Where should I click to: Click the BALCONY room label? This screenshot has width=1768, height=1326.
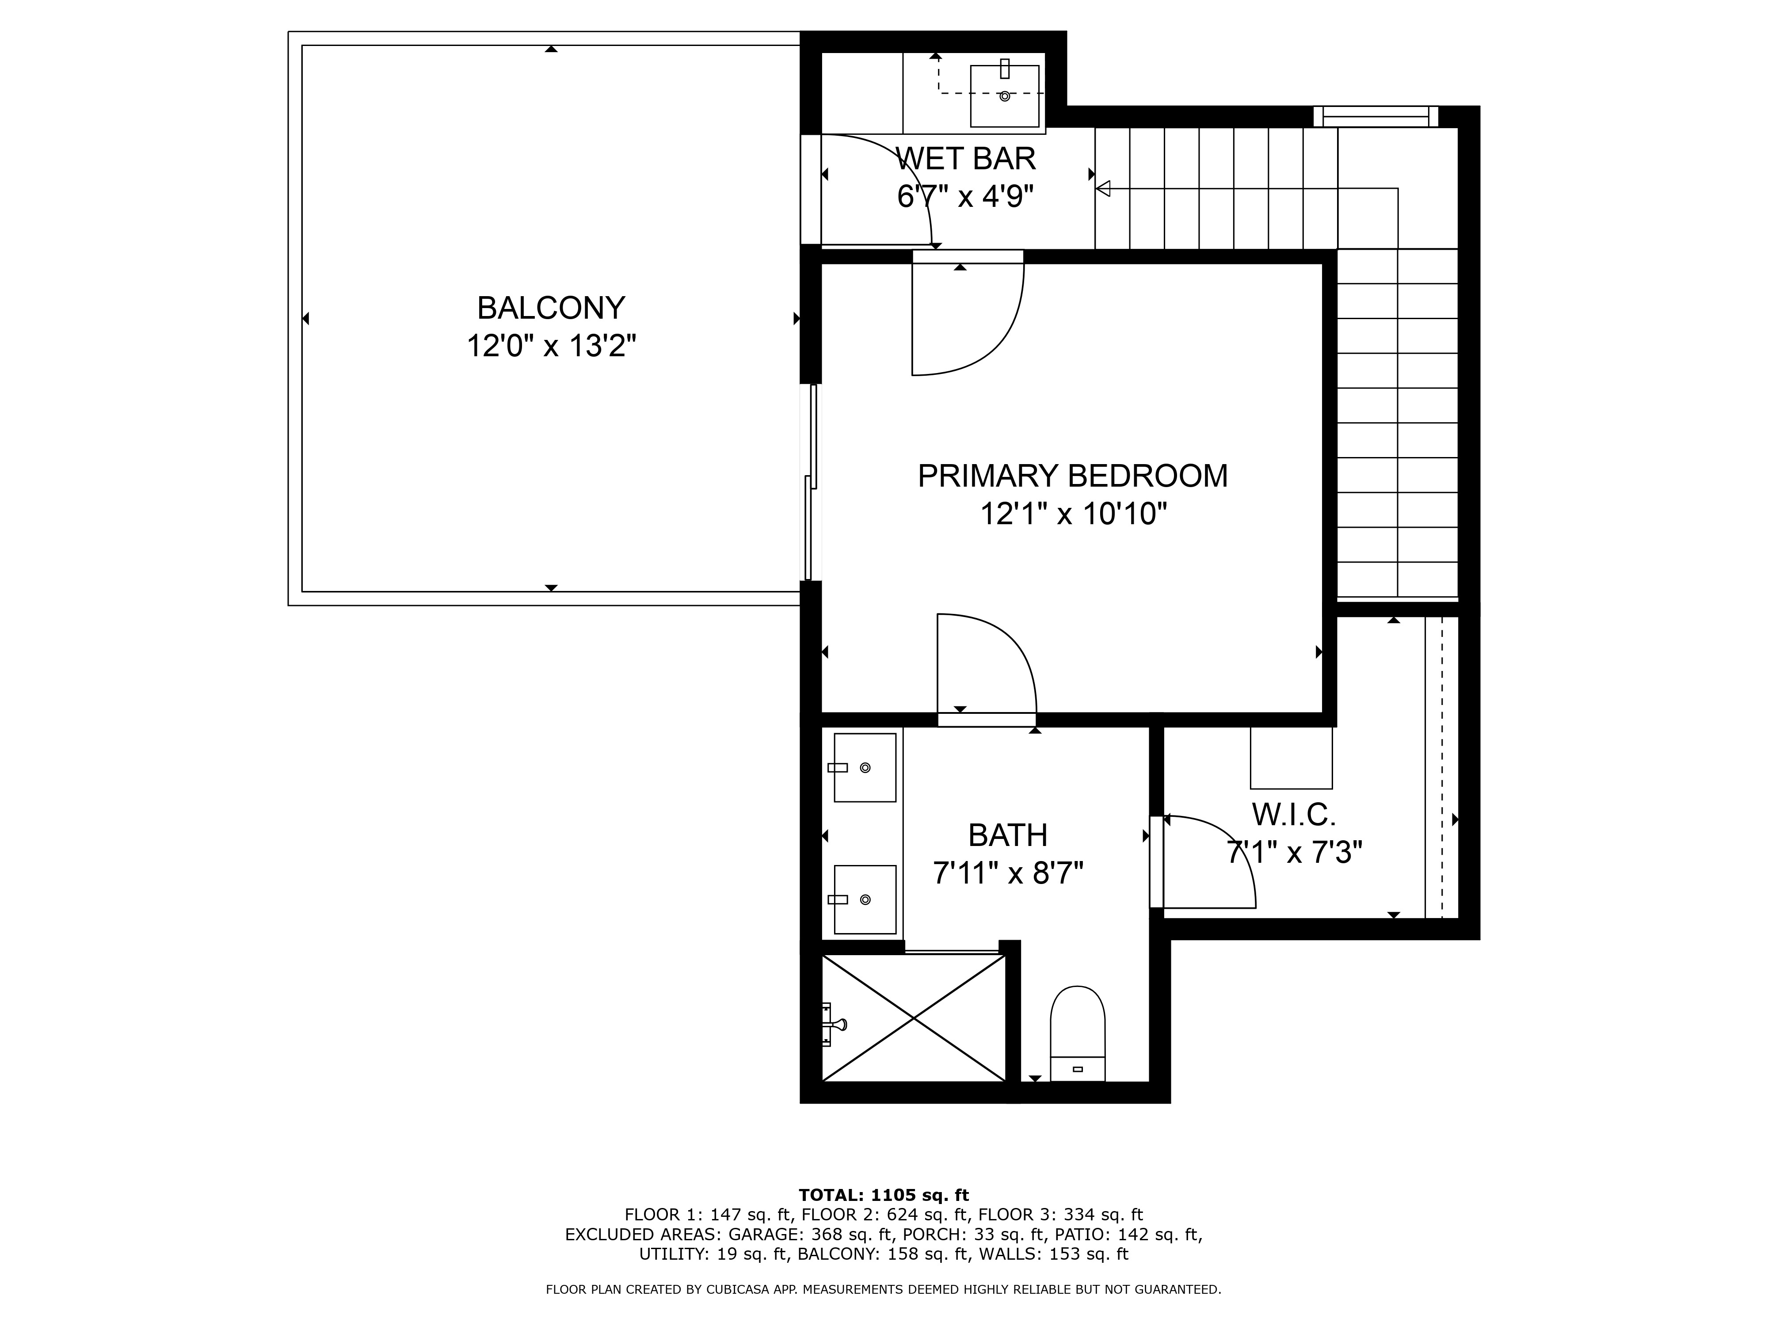551,308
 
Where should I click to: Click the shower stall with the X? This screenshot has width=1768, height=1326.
914,1017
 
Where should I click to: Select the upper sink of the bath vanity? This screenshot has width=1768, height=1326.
864,767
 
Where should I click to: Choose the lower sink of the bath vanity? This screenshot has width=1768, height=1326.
864,899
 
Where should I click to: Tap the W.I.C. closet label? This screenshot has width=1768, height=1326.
1293,815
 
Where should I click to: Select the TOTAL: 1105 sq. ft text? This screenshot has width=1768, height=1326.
883,1195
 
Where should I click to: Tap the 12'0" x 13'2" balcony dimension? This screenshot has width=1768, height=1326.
551,346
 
